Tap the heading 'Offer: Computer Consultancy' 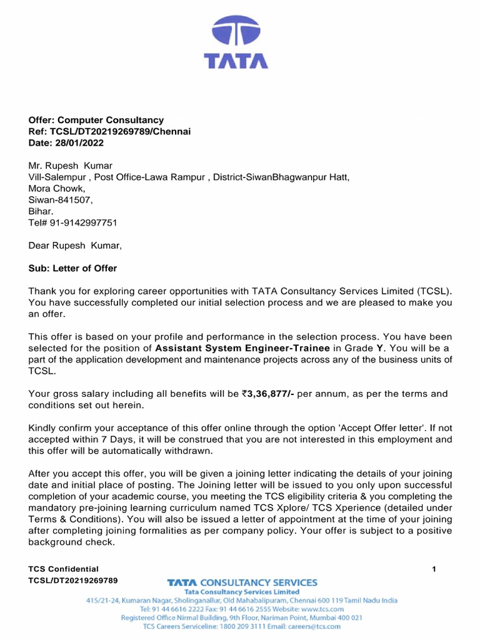pos(96,120)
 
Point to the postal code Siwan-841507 pos(61,200)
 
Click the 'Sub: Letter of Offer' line pos(72,268)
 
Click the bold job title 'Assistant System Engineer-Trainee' pos(242,348)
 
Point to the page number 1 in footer pos(434,569)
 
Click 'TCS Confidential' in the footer pos(64,569)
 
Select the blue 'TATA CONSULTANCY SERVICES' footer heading pos(242,582)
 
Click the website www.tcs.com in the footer pos(322,609)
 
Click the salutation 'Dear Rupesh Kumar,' pos(75,246)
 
